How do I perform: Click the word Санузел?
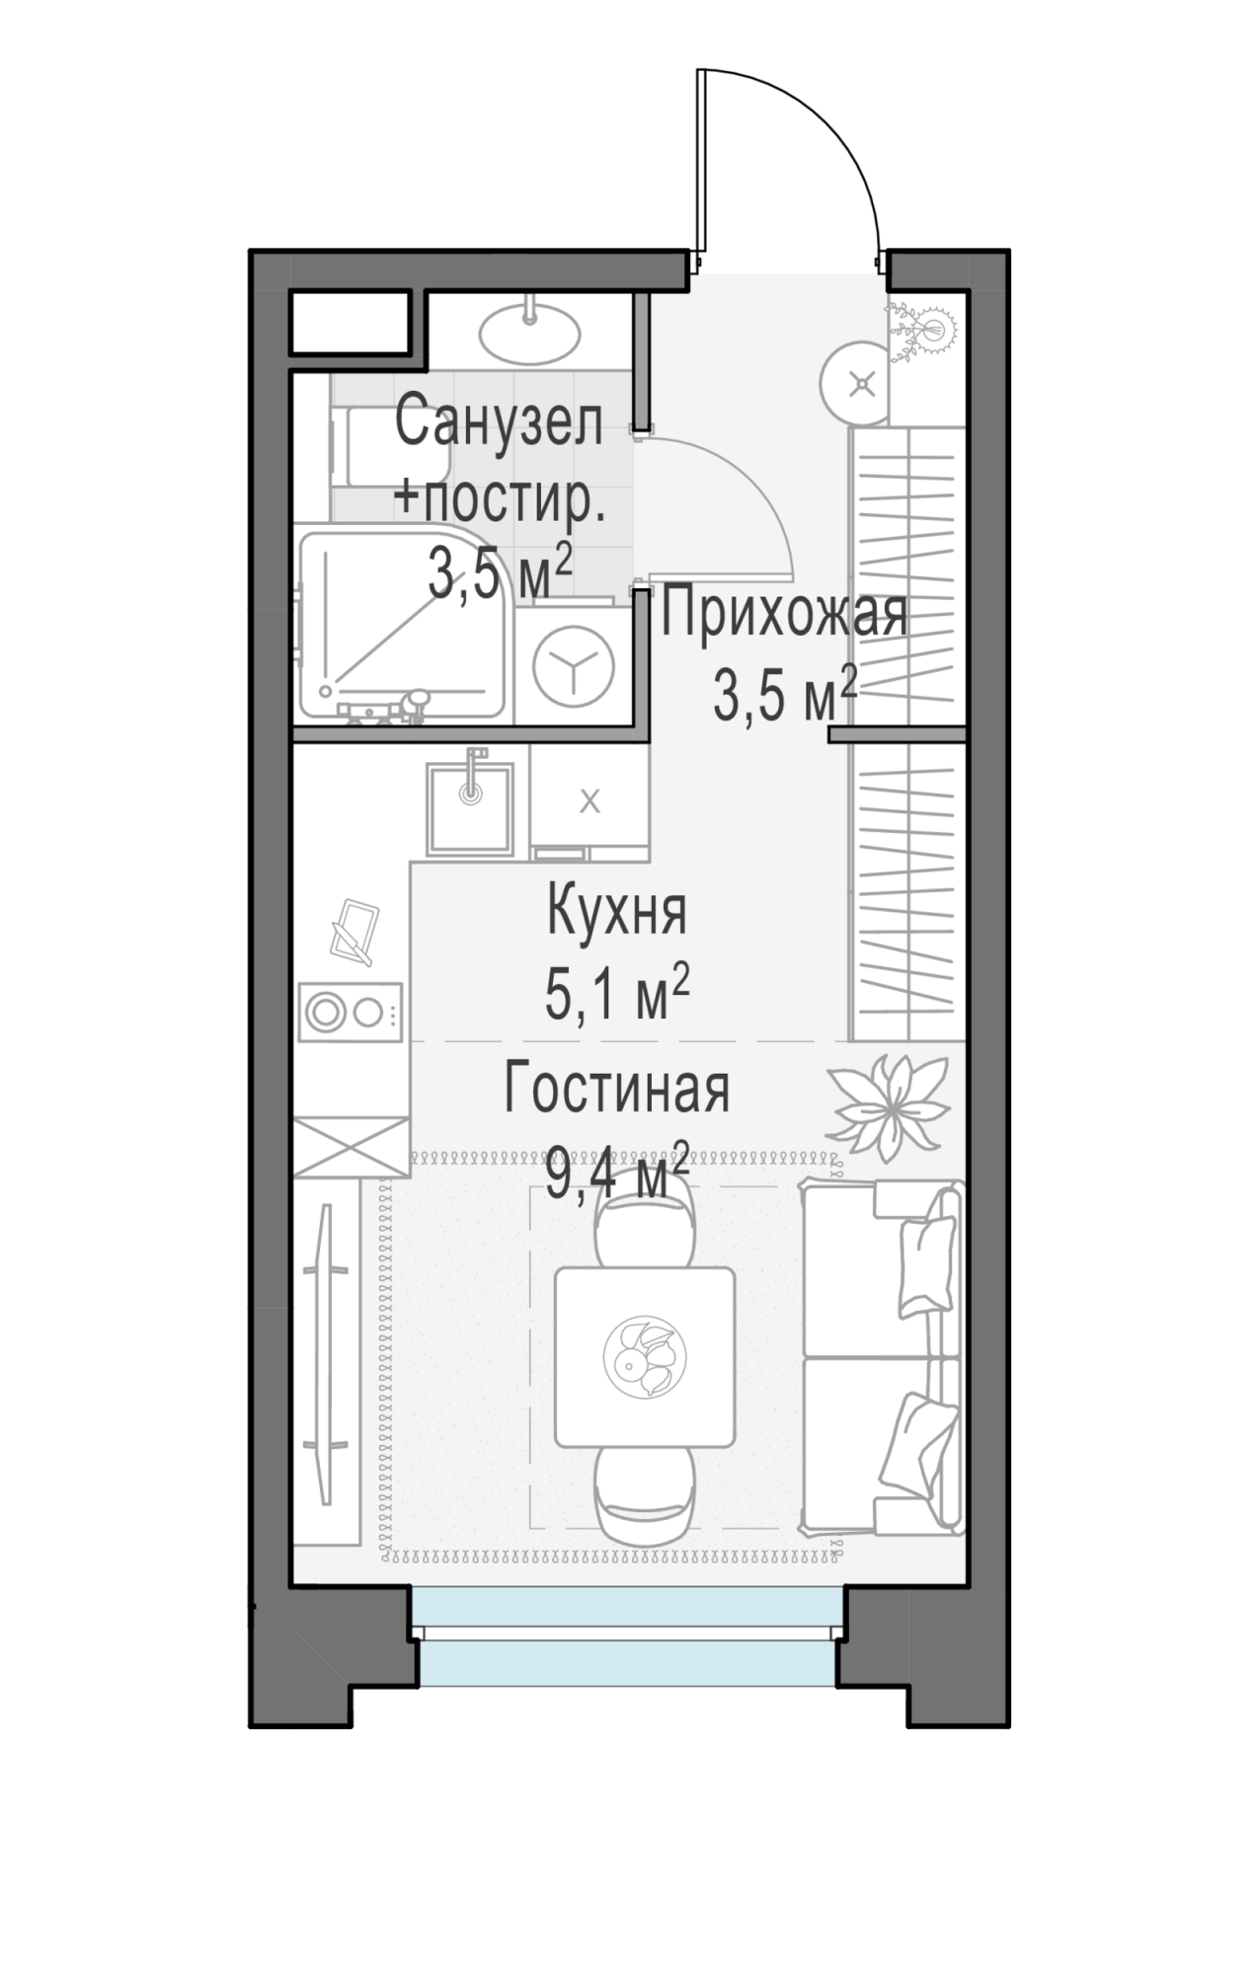[499, 423]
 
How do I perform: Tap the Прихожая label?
[784, 614]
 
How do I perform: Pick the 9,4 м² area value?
[617, 1170]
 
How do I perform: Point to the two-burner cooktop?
[352, 1012]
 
